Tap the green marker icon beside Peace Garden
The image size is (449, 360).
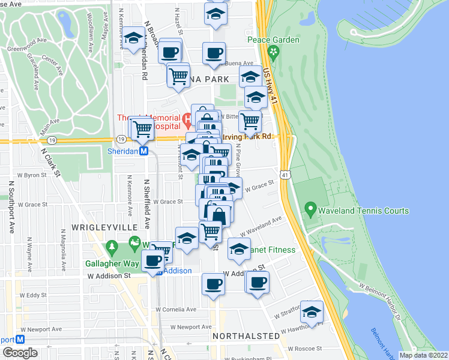click(274, 52)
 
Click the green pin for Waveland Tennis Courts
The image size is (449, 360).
click(310, 210)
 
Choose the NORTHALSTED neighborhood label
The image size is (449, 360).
click(246, 336)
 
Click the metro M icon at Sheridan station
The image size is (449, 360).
click(144, 152)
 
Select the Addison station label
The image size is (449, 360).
click(178, 271)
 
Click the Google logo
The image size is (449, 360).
click(20, 353)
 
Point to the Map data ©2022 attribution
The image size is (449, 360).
click(424, 355)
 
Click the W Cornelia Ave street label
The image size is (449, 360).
click(175, 310)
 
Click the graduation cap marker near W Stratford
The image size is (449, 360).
click(312, 313)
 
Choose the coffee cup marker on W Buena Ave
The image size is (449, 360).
click(214, 53)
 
